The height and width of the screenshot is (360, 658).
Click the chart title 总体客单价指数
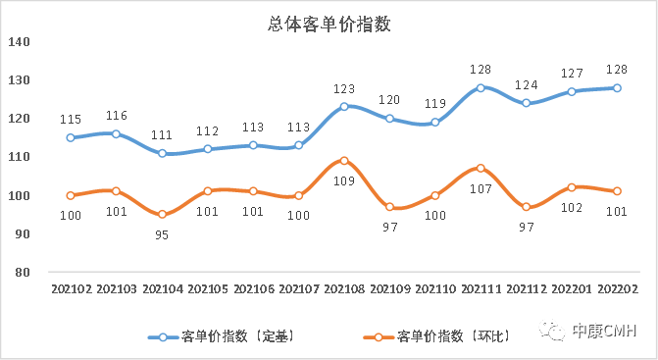coord(329,25)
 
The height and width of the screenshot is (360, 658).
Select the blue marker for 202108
coord(344,106)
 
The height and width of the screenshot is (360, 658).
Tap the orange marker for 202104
coord(161,215)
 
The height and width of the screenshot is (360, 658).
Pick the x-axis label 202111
coord(481,288)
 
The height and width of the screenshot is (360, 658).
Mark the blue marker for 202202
coord(617,87)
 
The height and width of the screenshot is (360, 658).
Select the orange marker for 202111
coord(481,168)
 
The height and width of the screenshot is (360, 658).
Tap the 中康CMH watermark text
coord(604,332)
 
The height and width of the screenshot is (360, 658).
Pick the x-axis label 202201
coord(572,288)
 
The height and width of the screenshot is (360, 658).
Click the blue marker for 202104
coord(161,153)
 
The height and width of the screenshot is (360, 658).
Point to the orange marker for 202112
coord(527,207)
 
